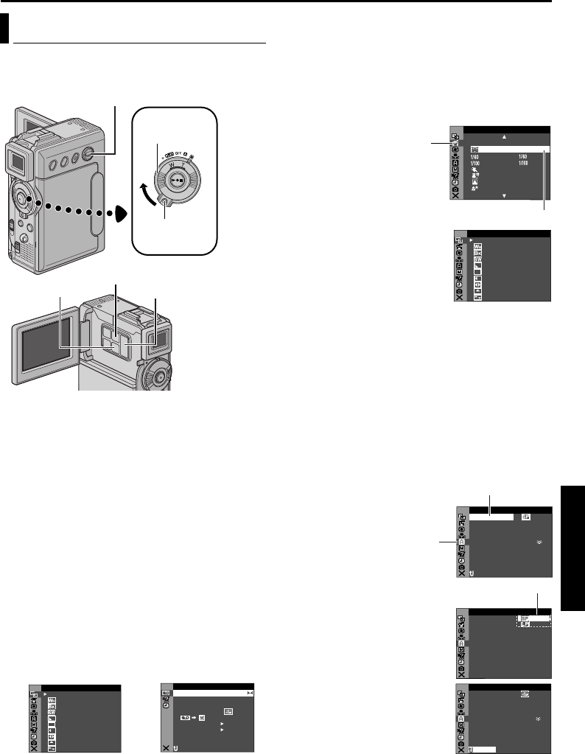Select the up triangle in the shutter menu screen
[505, 136]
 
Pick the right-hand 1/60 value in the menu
[524, 156]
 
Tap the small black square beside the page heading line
[4, 47]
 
